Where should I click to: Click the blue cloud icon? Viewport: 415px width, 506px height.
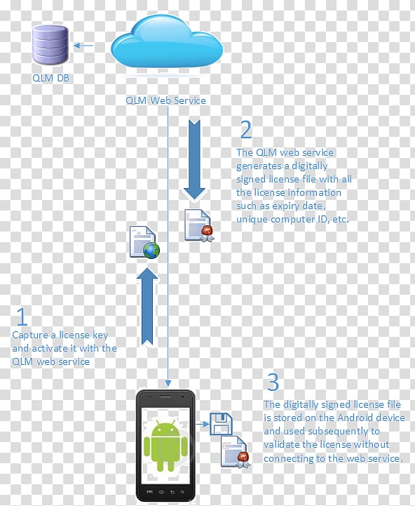(x=167, y=44)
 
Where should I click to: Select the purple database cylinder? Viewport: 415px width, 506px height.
(x=50, y=45)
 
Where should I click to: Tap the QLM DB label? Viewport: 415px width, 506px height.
(x=50, y=78)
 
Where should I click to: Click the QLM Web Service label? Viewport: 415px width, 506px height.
(x=165, y=100)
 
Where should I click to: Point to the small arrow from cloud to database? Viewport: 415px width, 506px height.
(x=83, y=46)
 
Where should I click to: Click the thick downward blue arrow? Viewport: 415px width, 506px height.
(x=194, y=159)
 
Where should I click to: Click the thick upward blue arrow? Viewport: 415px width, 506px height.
(x=147, y=307)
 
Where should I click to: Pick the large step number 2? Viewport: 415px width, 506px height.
(x=246, y=130)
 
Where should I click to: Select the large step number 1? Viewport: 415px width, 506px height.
(x=22, y=317)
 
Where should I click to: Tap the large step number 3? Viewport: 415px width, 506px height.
(x=273, y=382)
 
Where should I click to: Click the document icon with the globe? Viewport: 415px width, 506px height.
(x=144, y=242)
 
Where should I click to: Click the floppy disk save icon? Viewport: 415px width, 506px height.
(x=221, y=424)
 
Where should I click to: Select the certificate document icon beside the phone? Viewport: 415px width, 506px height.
(x=236, y=452)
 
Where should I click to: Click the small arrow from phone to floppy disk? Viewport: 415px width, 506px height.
(x=203, y=424)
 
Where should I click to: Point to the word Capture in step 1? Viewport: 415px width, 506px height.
(x=30, y=335)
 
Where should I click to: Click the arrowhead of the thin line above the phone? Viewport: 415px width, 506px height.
(x=168, y=383)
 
